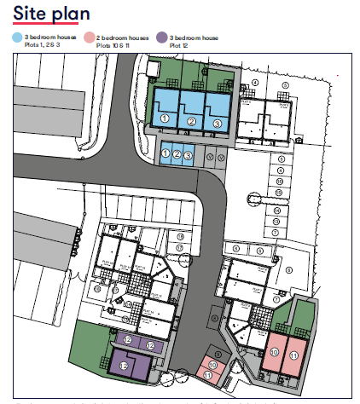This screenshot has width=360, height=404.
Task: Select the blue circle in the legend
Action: [x=16, y=38]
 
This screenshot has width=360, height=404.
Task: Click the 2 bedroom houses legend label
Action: [x=123, y=38]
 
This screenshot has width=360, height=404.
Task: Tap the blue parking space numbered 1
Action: [x=165, y=154]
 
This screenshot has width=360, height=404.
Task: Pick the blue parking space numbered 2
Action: [x=177, y=154]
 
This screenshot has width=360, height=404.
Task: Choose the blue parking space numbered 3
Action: [x=188, y=154]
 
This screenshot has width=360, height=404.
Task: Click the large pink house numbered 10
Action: [x=274, y=350]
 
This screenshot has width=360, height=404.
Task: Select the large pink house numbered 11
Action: [x=295, y=353]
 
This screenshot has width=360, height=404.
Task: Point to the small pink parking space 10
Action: [x=213, y=364]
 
